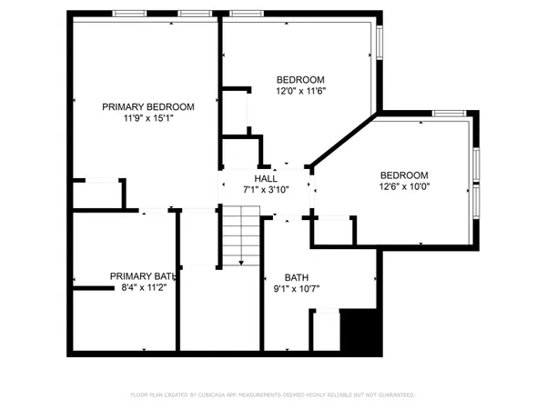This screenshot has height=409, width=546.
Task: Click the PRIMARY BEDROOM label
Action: click(x=147, y=106)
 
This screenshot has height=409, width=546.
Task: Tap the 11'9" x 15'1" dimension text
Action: click(x=147, y=117)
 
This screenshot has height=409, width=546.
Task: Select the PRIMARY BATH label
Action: click(x=143, y=276)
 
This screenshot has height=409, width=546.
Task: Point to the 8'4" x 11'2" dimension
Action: click(x=143, y=286)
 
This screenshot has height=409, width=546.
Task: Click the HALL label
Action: click(x=266, y=179)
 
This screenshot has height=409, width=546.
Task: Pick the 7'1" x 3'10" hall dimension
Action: click(x=266, y=189)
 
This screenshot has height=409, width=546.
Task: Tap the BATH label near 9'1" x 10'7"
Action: click(x=297, y=278)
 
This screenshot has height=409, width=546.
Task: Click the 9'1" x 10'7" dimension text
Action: click(x=297, y=289)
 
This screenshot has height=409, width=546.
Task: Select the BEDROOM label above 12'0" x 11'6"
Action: click(x=300, y=80)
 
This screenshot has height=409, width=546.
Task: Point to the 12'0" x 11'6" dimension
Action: click(x=300, y=91)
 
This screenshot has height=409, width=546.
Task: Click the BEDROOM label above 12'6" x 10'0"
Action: click(x=404, y=175)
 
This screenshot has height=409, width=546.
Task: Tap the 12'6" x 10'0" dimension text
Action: click(x=404, y=186)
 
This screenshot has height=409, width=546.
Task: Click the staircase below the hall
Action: click(x=241, y=234)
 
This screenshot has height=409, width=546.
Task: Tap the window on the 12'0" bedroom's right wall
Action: click(x=379, y=40)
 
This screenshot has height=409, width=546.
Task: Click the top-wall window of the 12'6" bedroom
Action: click(x=449, y=113)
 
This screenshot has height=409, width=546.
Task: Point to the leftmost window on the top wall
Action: click(x=129, y=14)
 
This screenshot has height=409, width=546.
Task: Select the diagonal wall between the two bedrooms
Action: click(x=343, y=140)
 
